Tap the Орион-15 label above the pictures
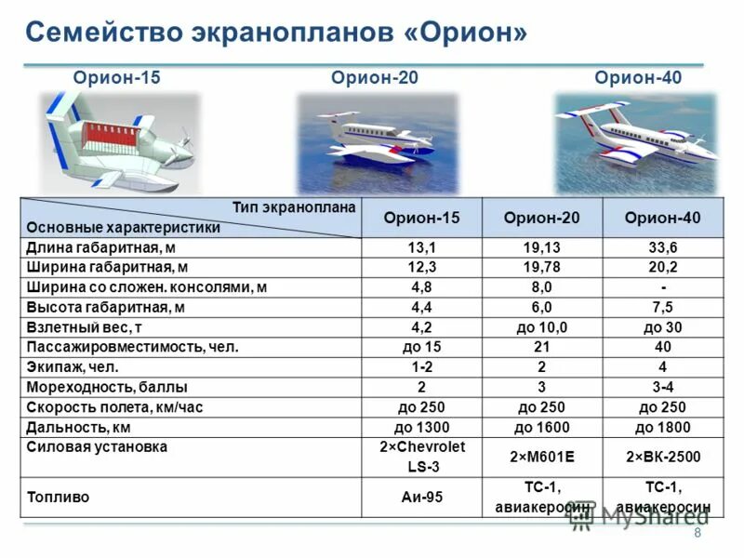pyautogui.click(x=117, y=78)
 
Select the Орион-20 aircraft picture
pyautogui.click(x=377, y=143)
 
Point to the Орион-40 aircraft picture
pyautogui.click(x=636, y=143)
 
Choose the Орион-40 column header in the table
pyautogui.click(x=663, y=218)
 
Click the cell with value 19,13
pyautogui.click(x=541, y=247)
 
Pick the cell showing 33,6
pyautogui.click(x=663, y=247)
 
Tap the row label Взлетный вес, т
pyautogui.click(x=86, y=327)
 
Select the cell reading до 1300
pyautogui.click(x=421, y=428)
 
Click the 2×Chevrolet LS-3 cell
pyautogui.click(x=421, y=457)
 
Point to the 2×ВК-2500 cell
pyautogui.click(x=663, y=457)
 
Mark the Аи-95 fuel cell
pyautogui.click(x=421, y=498)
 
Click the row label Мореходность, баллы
pyautogui.click(x=107, y=387)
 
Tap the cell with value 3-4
pyautogui.click(x=663, y=387)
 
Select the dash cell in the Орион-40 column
pyautogui.click(x=663, y=287)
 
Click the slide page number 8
pyautogui.click(x=697, y=533)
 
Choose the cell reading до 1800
pyautogui.click(x=663, y=428)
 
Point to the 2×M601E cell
pyautogui.click(x=541, y=457)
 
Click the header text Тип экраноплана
pyautogui.click(x=294, y=207)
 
